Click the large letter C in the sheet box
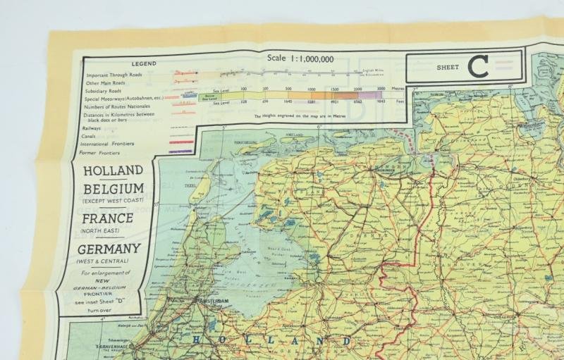pos(478,68)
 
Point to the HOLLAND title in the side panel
pos(113,170)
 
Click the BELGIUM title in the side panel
pos(114,189)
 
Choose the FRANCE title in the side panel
pos(111,218)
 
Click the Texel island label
pos(168,186)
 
